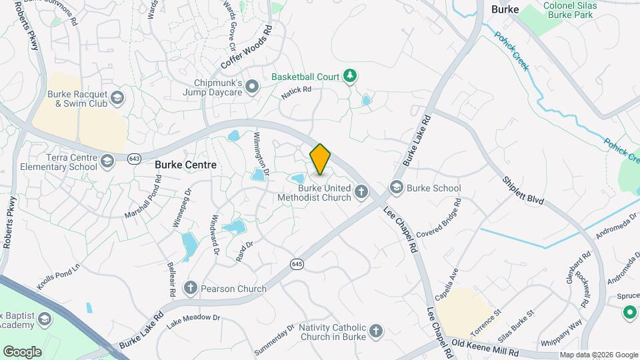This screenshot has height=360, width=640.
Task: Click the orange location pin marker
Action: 321,159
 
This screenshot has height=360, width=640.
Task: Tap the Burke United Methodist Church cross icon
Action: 362,193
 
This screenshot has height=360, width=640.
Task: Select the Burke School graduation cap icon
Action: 397,188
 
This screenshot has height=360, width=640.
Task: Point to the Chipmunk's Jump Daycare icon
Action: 252,86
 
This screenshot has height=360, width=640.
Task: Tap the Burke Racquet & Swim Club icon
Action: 118,99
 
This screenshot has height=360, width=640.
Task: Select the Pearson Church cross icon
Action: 191,289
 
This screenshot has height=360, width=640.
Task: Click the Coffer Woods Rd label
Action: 248,48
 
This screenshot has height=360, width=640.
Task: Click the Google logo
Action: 22,351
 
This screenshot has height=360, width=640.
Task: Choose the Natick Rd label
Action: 297,93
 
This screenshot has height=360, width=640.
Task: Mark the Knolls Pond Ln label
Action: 59,275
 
